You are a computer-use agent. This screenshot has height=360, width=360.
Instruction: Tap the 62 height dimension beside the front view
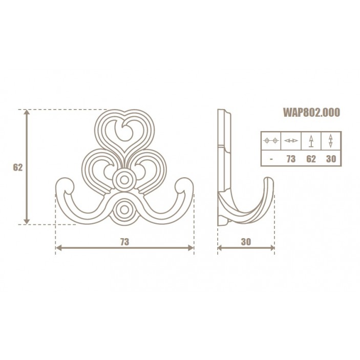pyautogui.click(x=17, y=167)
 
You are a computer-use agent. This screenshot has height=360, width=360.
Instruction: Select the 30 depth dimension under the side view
pyautogui.click(x=246, y=241)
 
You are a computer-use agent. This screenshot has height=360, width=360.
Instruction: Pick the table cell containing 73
pyautogui.click(x=291, y=159)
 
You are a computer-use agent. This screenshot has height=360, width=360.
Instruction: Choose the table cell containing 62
pyautogui.click(x=311, y=159)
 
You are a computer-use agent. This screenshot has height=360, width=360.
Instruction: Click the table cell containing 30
pyautogui.click(x=330, y=159)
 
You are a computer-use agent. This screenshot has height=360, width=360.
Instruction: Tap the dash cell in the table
pyautogui.click(x=270, y=159)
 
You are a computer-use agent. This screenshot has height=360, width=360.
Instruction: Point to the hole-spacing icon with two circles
pyautogui.click(x=270, y=141)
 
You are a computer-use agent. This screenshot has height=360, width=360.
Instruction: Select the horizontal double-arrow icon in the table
pyautogui.click(x=291, y=141)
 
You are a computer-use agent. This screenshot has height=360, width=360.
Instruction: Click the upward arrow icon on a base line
pyautogui.click(x=311, y=141)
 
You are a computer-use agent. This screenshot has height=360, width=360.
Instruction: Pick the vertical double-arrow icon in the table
pyautogui.click(x=330, y=141)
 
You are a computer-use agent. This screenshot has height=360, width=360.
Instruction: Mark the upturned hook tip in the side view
pyautogui.click(x=269, y=184)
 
